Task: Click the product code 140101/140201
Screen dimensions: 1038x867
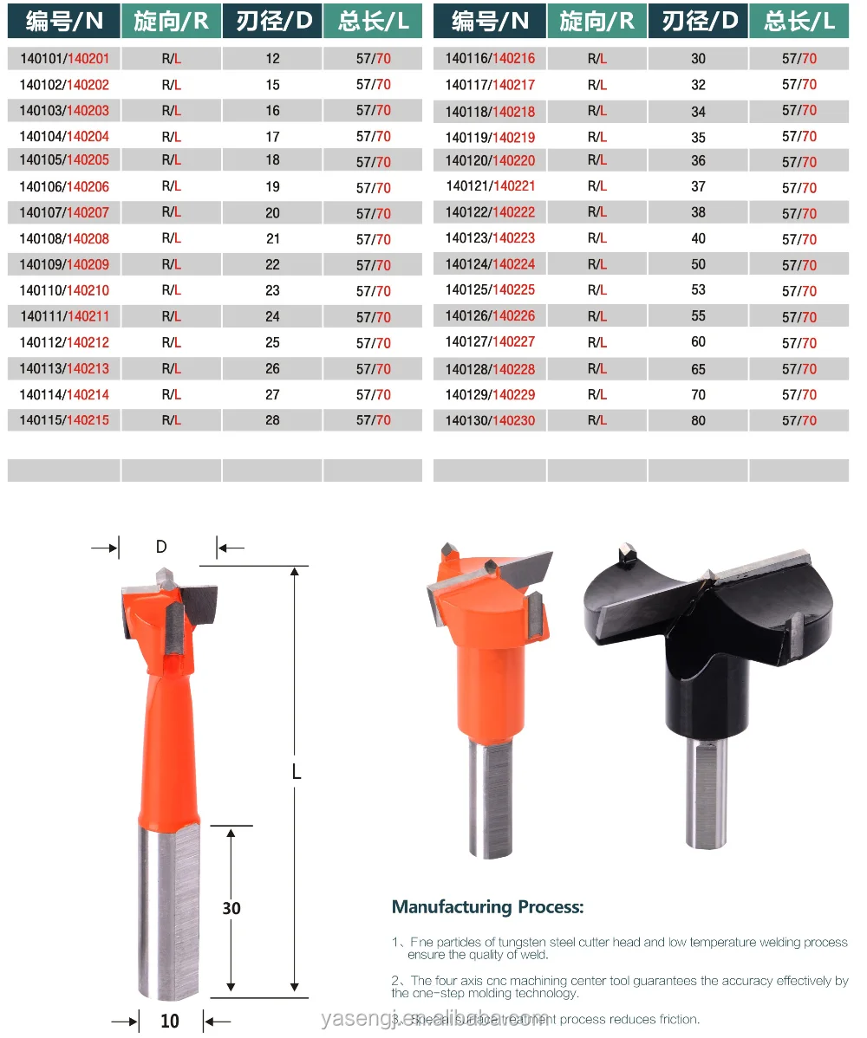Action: tap(64, 59)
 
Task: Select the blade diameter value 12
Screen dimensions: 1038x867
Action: tap(273, 59)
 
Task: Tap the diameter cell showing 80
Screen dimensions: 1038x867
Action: tap(699, 421)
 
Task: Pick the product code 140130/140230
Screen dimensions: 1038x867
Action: tap(491, 421)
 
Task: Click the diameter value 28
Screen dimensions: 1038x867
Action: tap(273, 420)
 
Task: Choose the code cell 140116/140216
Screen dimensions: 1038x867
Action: tap(491, 59)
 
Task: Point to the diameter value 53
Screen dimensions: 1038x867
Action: tap(699, 290)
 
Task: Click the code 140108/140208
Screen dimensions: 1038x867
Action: tap(64, 239)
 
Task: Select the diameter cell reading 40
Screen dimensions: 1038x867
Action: tap(699, 238)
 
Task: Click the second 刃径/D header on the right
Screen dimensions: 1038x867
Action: tap(698, 21)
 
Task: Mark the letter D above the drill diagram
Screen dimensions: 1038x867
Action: tap(161, 548)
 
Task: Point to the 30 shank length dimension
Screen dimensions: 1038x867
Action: tap(231, 908)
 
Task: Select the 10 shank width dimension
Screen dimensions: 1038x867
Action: tap(171, 1021)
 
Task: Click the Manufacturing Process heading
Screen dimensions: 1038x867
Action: tap(488, 907)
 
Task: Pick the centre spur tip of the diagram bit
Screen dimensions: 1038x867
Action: tap(164, 574)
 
